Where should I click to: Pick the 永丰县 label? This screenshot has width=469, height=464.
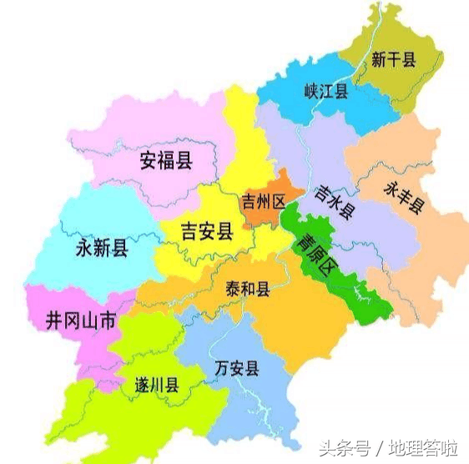(x=404, y=198)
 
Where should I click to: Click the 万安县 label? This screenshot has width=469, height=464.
(x=236, y=368)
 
